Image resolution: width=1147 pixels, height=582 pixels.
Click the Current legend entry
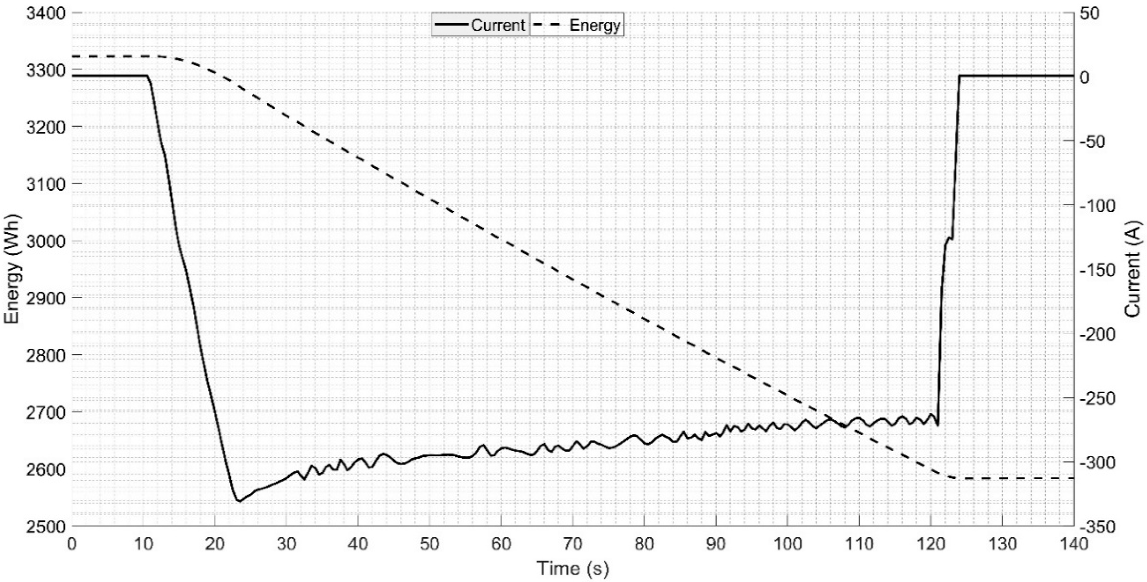click(x=481, y=25)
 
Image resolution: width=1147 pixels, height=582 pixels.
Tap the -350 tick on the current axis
click(x=1096, y=526)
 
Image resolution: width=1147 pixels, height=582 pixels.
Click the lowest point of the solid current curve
click(x=239, y=502)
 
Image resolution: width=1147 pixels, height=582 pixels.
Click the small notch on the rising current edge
click(x=949, y=238)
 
